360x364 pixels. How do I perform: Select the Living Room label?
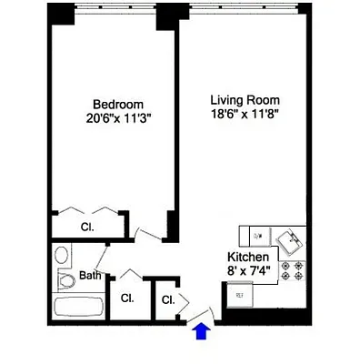pos(245,99)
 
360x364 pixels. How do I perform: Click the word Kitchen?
pos(247,257)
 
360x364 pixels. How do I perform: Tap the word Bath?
pos(89,276)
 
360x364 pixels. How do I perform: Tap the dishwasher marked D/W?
pos(257,237)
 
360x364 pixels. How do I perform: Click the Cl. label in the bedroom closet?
pos(88,227)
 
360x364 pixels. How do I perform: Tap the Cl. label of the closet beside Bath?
pos(128,298)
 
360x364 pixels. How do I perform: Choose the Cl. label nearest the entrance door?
pos(168,299)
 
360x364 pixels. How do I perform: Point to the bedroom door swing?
pos(145,233)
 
